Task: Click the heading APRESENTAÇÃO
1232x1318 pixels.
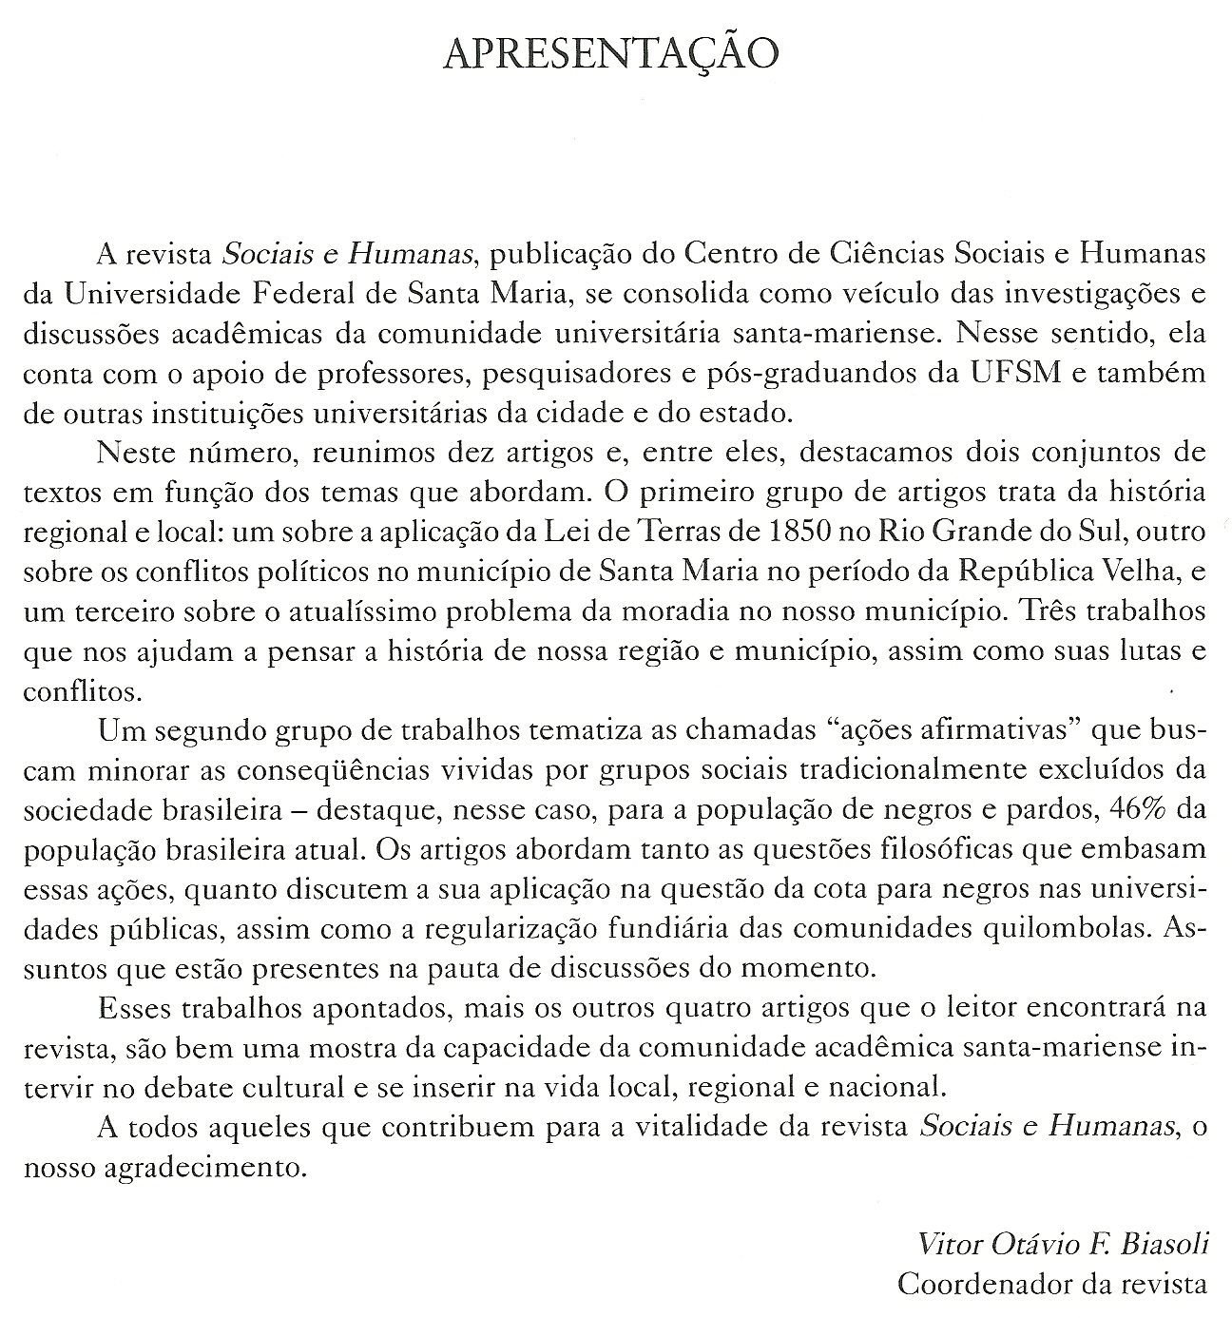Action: click(611, 54)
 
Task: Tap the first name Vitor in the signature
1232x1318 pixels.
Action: click(947, 1244)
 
